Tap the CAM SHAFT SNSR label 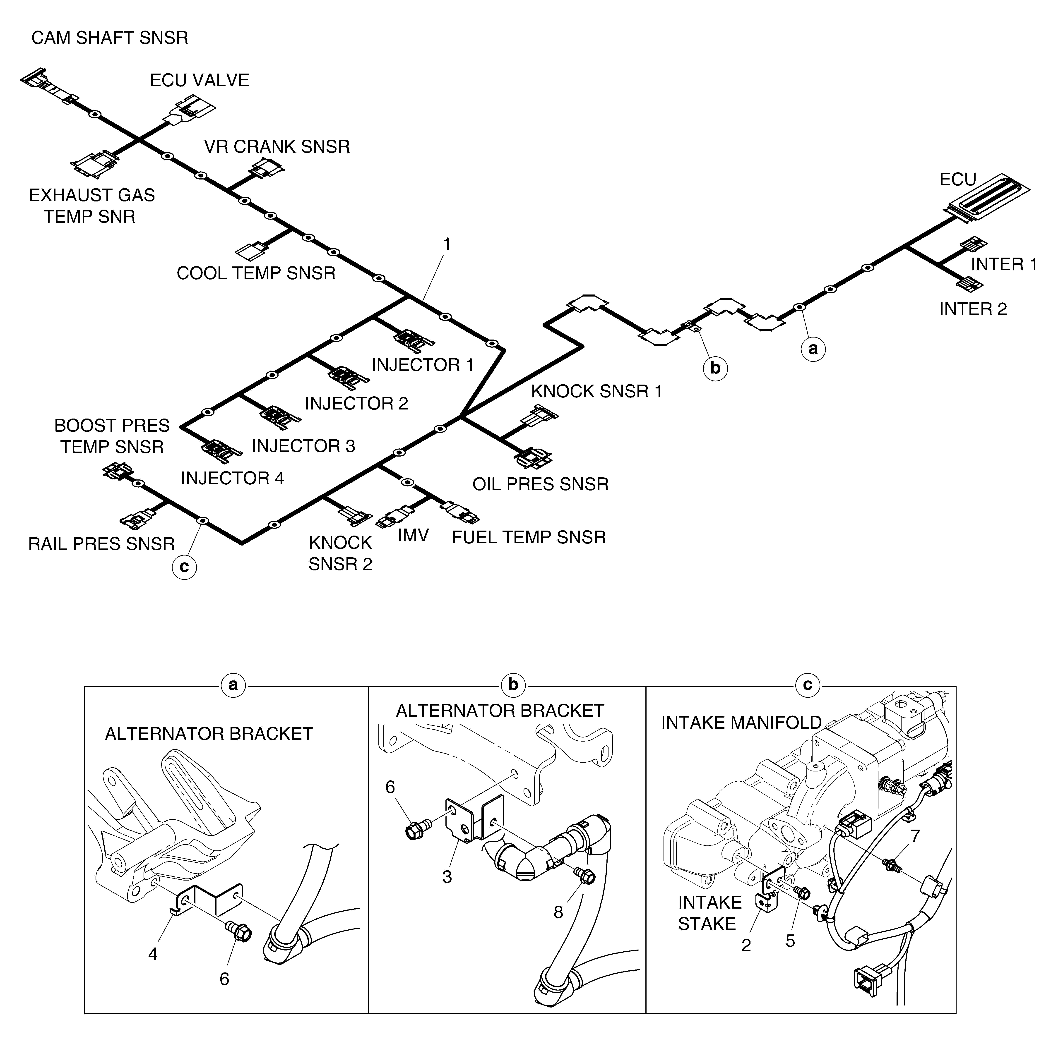click(x=110, y=38)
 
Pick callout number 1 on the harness click(x=447, y=245)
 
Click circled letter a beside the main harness click(x=813, y=349)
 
